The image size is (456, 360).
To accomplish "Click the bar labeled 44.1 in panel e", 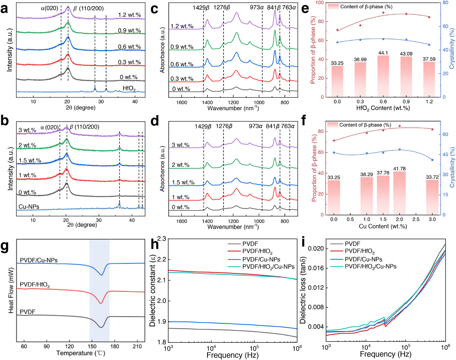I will tap(383, 76).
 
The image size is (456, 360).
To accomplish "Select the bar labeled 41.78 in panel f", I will tap(399, 193).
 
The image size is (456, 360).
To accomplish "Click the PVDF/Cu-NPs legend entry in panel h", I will tap(261, 259).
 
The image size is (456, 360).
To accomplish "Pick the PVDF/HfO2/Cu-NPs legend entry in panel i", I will tap(370, 267).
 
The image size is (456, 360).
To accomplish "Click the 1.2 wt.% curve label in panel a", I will tap(129, 15).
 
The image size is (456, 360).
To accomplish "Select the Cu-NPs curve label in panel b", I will tap(29, 207).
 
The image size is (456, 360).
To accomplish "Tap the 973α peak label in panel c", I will tap(257, 8).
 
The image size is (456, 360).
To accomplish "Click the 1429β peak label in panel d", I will tap(203, 126).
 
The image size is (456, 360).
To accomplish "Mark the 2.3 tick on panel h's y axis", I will tap(162, 239).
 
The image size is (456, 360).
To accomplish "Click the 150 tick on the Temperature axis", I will tap(92, 346).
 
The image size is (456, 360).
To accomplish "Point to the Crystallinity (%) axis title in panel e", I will tap(452, 49).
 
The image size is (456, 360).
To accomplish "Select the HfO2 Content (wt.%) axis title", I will tap(383, 108).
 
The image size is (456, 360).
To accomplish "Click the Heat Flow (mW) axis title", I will tap(11, 290).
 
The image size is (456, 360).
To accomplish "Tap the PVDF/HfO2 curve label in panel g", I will tap(35, 285).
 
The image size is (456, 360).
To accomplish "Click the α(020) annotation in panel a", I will tap(49, 8).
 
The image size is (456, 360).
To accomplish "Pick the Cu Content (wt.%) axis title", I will tap(383, 226).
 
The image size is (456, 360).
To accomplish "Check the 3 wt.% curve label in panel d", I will tap(180, 145).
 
